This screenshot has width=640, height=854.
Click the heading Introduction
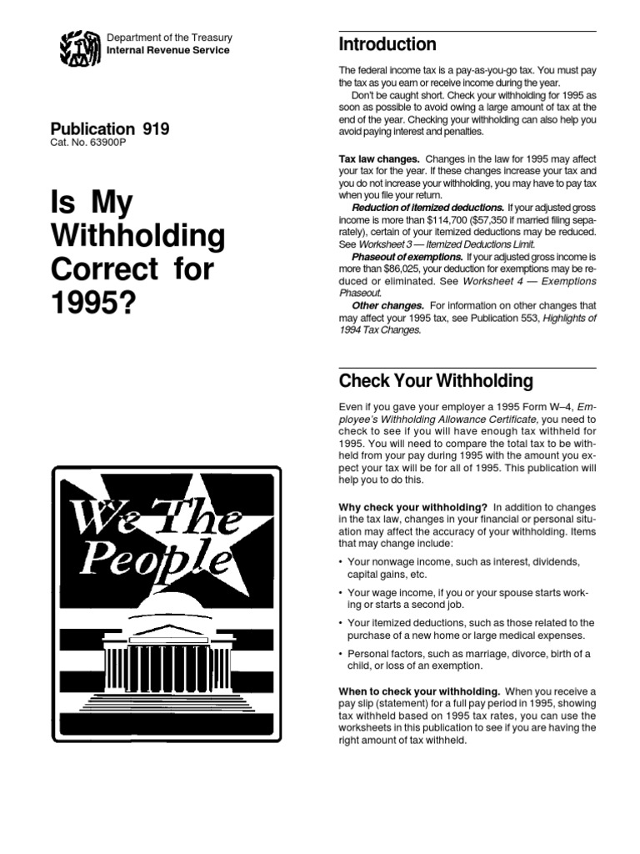pos(387,44)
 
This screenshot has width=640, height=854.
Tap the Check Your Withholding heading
pos(435,381)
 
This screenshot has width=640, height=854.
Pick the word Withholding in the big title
pos(138,238)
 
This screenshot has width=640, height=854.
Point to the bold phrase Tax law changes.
pos(379,158)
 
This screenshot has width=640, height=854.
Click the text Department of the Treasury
pos(169,38)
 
